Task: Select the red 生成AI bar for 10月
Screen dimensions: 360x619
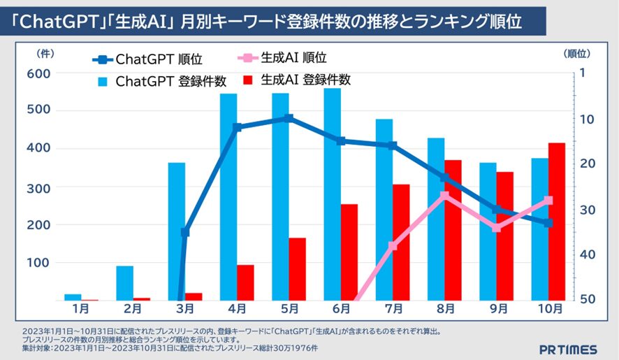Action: (x=557, y=222)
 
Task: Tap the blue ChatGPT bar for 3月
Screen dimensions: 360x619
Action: (x=177, y=231)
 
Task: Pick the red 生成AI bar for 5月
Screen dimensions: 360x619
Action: (x=298, y=269)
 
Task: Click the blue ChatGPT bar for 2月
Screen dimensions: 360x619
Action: (x=125, y=283)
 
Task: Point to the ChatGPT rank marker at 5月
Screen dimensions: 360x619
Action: (x=289, y=119)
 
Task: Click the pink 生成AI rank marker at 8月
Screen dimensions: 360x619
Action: (x=445, y=196)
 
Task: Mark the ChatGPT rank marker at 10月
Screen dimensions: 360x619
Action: (x=548, y=223)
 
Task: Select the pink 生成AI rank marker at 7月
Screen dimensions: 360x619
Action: (x=393, y=246)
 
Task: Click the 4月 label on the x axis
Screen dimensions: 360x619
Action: (x=237, y=308)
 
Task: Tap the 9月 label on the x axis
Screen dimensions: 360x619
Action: (x=497, y=308)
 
